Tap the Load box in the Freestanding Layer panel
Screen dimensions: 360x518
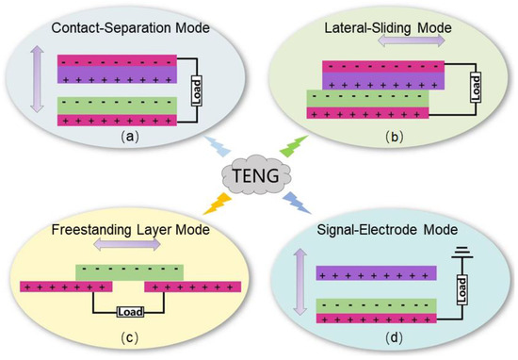tap(128, 311)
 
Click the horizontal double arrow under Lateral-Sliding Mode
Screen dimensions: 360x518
tap(388, 45)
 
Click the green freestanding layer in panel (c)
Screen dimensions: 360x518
tap(130, 271)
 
